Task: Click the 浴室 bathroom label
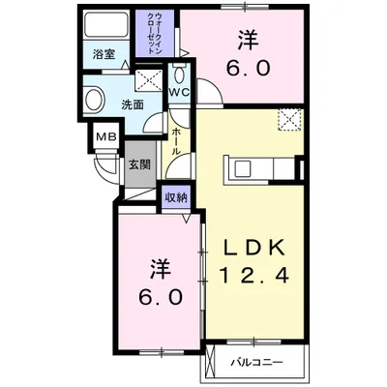point(104,54)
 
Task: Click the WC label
point(179,92)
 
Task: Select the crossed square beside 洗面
point(149,79)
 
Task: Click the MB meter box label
point(104,136)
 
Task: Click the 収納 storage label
point(175,197)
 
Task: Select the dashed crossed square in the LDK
point(289,120)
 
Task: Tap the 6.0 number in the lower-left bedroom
point(159,297)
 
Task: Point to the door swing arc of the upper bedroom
point(211,95)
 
